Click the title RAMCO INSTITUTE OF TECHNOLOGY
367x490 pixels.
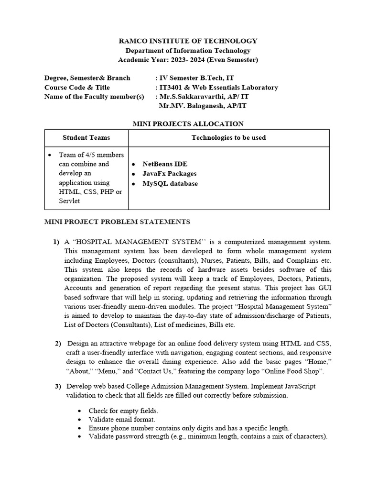(188, 41)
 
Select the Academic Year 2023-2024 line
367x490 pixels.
(188, 60)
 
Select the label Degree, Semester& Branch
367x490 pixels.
(86, 78)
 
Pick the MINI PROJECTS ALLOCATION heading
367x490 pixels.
(187, 124)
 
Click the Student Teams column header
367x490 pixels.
(86, 138)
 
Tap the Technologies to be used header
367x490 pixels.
(228, 138)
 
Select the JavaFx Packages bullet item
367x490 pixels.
(169, 174)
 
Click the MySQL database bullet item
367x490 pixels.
(170, 183)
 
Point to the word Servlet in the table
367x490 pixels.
(70, 201)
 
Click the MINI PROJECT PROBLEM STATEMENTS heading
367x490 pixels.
(117, 222)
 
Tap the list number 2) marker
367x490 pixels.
(58, 344)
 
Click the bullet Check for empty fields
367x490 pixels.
(123, 411)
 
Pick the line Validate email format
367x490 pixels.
(121, 419)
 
